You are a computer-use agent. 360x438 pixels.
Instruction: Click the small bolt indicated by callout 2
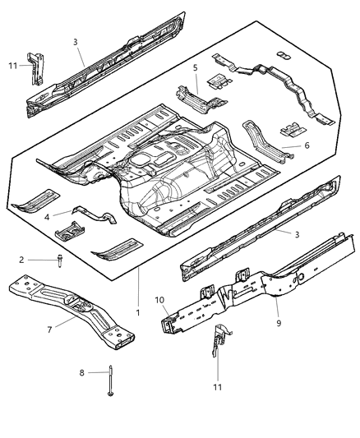pyautogui.click(x=62, y=260)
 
